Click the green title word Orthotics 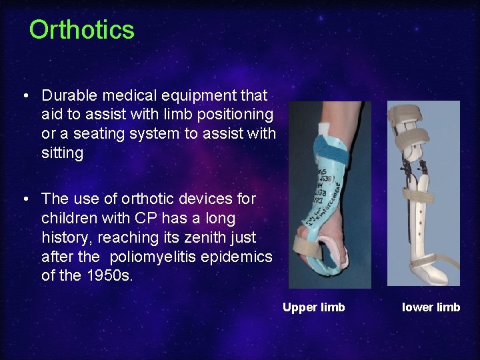(x=81, y=30)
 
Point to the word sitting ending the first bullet (x=62, y=153)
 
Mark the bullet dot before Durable (x=25, y=96)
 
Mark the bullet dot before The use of (x=25, y=199)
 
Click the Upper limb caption (x=313, y=307)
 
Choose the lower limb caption (x=431, y=307)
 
